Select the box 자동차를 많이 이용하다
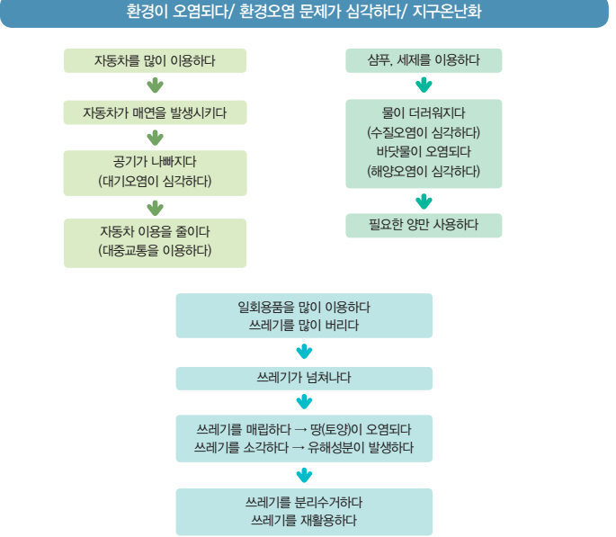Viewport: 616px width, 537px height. click(155, 61)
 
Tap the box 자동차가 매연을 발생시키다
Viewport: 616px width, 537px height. click(155, 113)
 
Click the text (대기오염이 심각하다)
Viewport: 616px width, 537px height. click(155, 182)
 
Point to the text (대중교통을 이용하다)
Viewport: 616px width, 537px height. click(155, 250)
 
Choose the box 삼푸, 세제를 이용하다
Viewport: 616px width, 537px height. click(424, 61)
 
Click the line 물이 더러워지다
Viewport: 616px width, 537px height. click(424, 114)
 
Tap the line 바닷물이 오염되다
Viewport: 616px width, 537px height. click(424, 151)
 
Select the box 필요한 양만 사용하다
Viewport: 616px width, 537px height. click(424, 225)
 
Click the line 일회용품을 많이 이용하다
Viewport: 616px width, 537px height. click(304, 307)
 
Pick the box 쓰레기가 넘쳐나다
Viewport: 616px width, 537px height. click(304, 377)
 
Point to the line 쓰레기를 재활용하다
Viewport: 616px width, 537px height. click(304, 521)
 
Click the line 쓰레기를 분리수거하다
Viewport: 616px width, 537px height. click(304, 502)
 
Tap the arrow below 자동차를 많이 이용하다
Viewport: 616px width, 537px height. click(155, 86)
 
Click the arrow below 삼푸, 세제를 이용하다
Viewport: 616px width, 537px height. click(424, 86)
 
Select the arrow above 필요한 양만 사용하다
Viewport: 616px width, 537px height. click(424, 201)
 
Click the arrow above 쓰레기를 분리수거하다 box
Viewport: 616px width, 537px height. click(304, 475)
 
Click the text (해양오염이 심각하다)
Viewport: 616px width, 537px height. click(424, 170)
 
